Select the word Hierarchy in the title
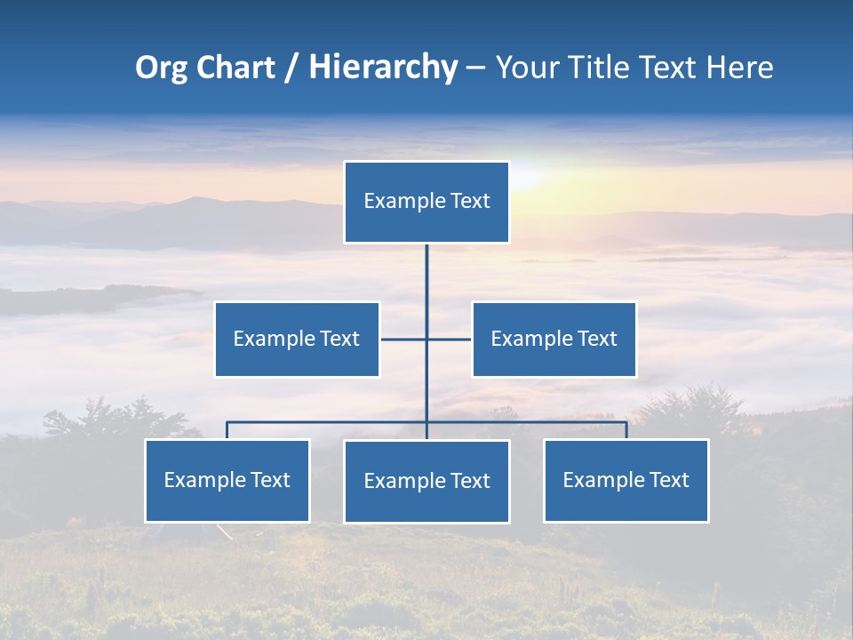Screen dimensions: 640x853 pos(383,68)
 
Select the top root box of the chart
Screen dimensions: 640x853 pos(426,202)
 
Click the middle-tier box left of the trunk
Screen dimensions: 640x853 pos(297,339)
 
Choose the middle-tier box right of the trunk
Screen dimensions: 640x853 pos(554,339)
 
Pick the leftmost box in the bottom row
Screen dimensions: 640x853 pos(227,480)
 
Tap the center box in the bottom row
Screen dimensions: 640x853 pos(426,481)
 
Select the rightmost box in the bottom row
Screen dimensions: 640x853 pos(626,480)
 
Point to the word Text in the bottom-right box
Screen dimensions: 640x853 pos(668,480)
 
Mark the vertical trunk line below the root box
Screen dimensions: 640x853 pos(426,284)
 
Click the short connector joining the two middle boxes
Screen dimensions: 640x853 pos(426,339)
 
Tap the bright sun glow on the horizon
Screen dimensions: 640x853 pos(524,173)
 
